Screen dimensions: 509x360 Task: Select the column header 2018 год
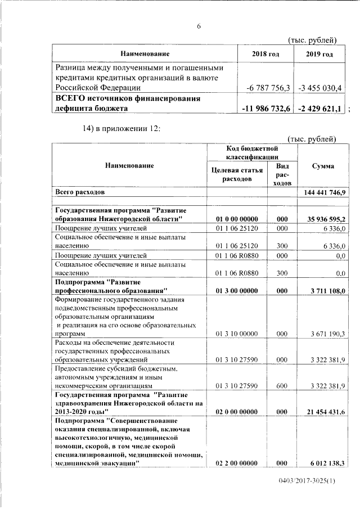tap(265, 54)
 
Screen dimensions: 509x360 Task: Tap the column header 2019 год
tap(319, 54)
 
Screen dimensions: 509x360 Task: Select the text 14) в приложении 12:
tap(121, 129)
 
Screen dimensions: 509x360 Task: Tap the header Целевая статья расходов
tap(236, 174)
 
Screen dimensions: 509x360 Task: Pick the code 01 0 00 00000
tap(236, 219)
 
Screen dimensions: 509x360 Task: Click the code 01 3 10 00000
tap(236, 334)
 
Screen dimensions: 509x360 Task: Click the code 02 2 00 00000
tap(236, 463)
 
